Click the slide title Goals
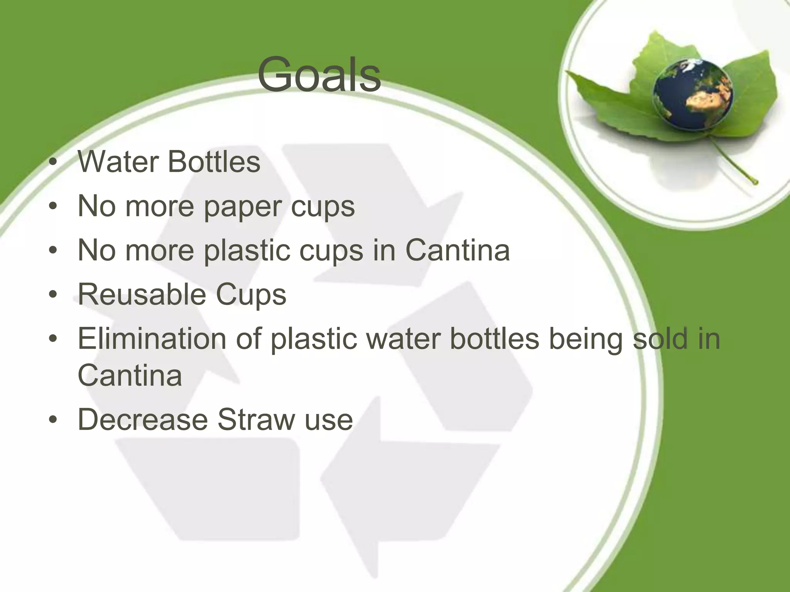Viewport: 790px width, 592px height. click(319, 75)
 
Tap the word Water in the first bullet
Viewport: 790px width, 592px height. click(118, 161)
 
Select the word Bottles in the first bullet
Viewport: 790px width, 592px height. click(214, 161)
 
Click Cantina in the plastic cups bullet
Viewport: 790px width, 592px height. click(457, 251)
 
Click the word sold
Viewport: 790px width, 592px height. click(660, 338)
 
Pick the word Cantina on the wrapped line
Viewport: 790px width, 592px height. click(130, 375)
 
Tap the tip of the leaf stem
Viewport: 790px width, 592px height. click(755, 182)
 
